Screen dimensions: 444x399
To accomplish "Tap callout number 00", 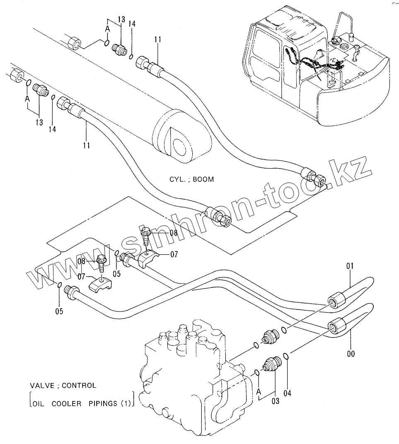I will tap(351, 354).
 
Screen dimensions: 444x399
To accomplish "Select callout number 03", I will tap(275, 401).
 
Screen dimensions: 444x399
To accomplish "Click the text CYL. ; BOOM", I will tap(191, 179).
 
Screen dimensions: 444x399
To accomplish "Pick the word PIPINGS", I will tap(103, 404).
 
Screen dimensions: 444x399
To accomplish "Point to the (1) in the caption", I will tap(126, 404).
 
